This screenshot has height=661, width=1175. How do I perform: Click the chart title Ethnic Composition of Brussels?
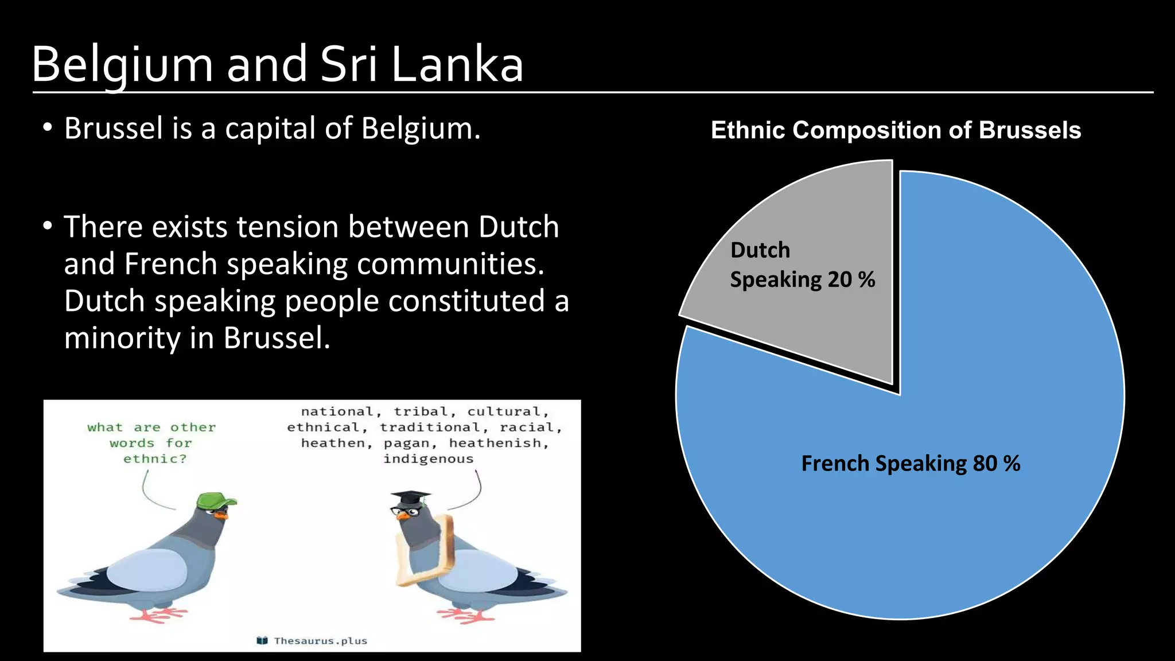(896, 130)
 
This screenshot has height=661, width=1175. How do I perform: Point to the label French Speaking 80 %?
(911, 464)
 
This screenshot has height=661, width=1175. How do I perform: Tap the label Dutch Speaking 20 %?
(802, 265)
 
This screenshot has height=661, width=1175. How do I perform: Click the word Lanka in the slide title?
(457, 64)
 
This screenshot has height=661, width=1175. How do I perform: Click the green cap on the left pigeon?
(215, 500)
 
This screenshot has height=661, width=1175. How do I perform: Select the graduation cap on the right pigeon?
(411, 497)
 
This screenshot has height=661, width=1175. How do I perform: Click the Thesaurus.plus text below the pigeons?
(320, 641)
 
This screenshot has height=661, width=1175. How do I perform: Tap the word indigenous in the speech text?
(428, 459)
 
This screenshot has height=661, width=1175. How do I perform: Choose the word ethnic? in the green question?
(155, 459)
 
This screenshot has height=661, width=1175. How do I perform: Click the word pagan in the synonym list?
(407, 444)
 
